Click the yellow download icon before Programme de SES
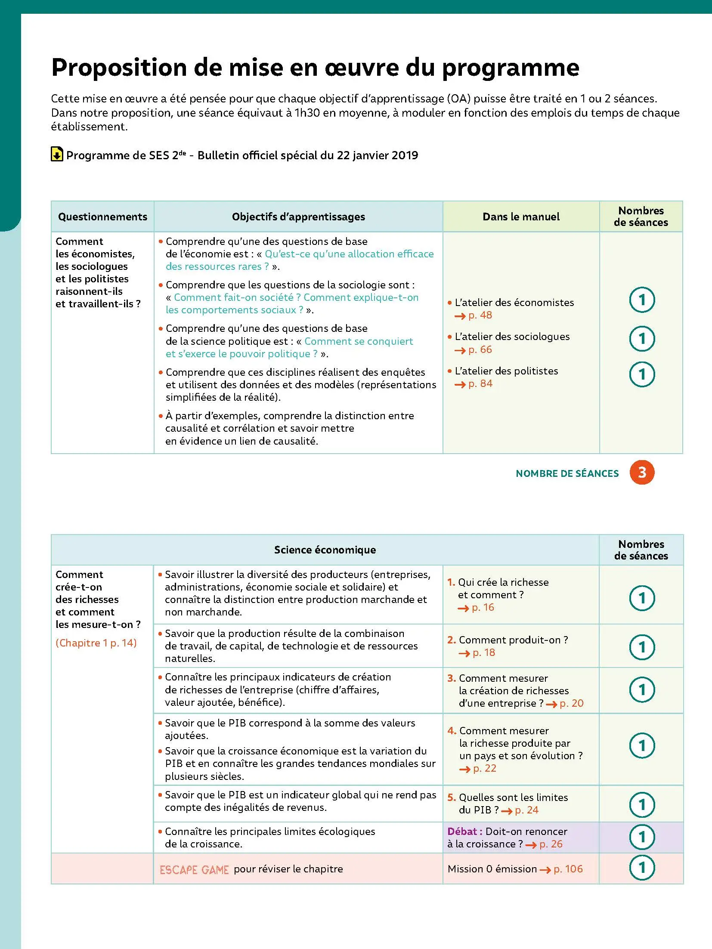tap(56, 154)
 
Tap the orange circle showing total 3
tap(641, 473)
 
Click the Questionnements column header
tap(102, 217)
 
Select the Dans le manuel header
tap(521, 217)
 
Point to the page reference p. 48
tap(480, 315)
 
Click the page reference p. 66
tap(480, 350)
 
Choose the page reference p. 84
tap(480, 384)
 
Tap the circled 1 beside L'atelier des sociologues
tap(642, 339)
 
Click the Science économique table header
tap(325, 550)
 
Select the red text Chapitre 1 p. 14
tap(96, 643)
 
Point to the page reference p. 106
tap(568, 869)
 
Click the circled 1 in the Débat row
tap(642, 837)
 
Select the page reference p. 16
tap(483, 608)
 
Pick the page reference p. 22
tap(484, 769)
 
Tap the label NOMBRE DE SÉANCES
tap(567, 473)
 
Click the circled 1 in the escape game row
tap(642, 868)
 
